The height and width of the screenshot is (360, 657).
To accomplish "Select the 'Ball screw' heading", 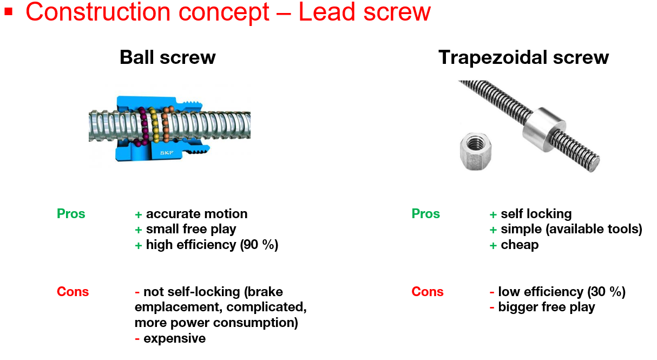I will point(168,57).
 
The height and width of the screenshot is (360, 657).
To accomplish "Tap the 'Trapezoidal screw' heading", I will point(523,57).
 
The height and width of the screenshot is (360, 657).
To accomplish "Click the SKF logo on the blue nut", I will point(167,153).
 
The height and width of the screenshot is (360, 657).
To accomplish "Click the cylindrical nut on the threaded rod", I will point(541,126).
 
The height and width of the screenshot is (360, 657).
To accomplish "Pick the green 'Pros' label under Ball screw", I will point(71,214).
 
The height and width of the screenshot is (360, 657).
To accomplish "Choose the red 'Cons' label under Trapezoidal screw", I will point(428,292).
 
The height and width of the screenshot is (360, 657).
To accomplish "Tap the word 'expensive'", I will point(174,338).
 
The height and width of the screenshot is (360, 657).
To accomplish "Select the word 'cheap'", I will point(520,245).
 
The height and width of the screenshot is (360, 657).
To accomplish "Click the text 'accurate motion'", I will point(196,214).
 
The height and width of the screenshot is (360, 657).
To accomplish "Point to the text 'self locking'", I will point(536,214).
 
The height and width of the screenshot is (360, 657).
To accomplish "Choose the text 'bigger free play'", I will point(547,307).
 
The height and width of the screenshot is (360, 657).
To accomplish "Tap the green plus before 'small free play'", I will point(139,230).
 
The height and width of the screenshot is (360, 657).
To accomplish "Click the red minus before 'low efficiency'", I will point(492,292).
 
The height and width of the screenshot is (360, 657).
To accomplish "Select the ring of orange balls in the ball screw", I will point(166,128).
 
